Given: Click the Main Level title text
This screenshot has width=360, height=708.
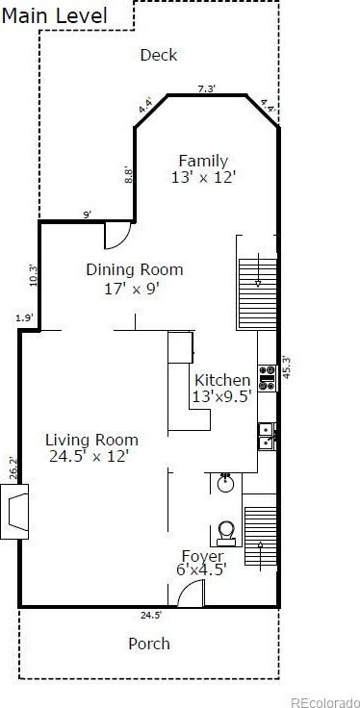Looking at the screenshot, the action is point(55,16).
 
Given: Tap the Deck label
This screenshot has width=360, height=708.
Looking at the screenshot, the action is point(159,56).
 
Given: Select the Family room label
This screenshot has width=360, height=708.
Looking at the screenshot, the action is point(203,169).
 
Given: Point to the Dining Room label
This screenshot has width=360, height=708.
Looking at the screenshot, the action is point(135,278).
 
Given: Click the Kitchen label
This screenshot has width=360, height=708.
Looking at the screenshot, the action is point(221,388).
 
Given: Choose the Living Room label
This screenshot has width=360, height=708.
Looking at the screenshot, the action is point(91,447).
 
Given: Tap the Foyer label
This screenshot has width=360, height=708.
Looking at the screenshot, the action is point(201,562).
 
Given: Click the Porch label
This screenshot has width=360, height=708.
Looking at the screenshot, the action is point(149,644).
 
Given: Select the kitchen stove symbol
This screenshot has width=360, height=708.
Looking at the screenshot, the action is point(267,377).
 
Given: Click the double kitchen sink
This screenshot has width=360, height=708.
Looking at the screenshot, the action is point(267,437).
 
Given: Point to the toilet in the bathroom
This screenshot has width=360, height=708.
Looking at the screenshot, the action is point(226,534).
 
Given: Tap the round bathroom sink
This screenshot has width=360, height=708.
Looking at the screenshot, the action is point(225,484).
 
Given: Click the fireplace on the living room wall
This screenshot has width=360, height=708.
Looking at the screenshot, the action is point(14,511).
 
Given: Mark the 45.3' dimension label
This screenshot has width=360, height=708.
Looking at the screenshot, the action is point(287,367).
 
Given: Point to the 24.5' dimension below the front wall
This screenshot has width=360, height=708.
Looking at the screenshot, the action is point(151,614).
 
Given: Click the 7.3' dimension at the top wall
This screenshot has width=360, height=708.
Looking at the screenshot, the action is point(206,88).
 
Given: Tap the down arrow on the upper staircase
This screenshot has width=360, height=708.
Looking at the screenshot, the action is point(258,270).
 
